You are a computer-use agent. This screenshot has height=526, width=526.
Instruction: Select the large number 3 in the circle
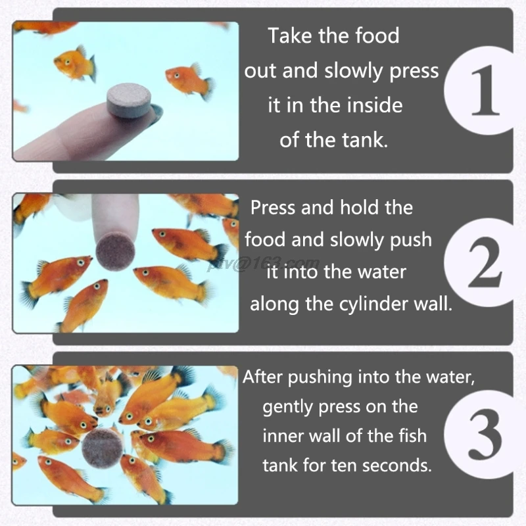click(485, 434)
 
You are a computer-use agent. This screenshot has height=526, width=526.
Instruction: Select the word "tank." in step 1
click(365, 140)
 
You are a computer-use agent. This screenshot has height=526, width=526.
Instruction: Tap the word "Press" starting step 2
click(274, 207)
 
